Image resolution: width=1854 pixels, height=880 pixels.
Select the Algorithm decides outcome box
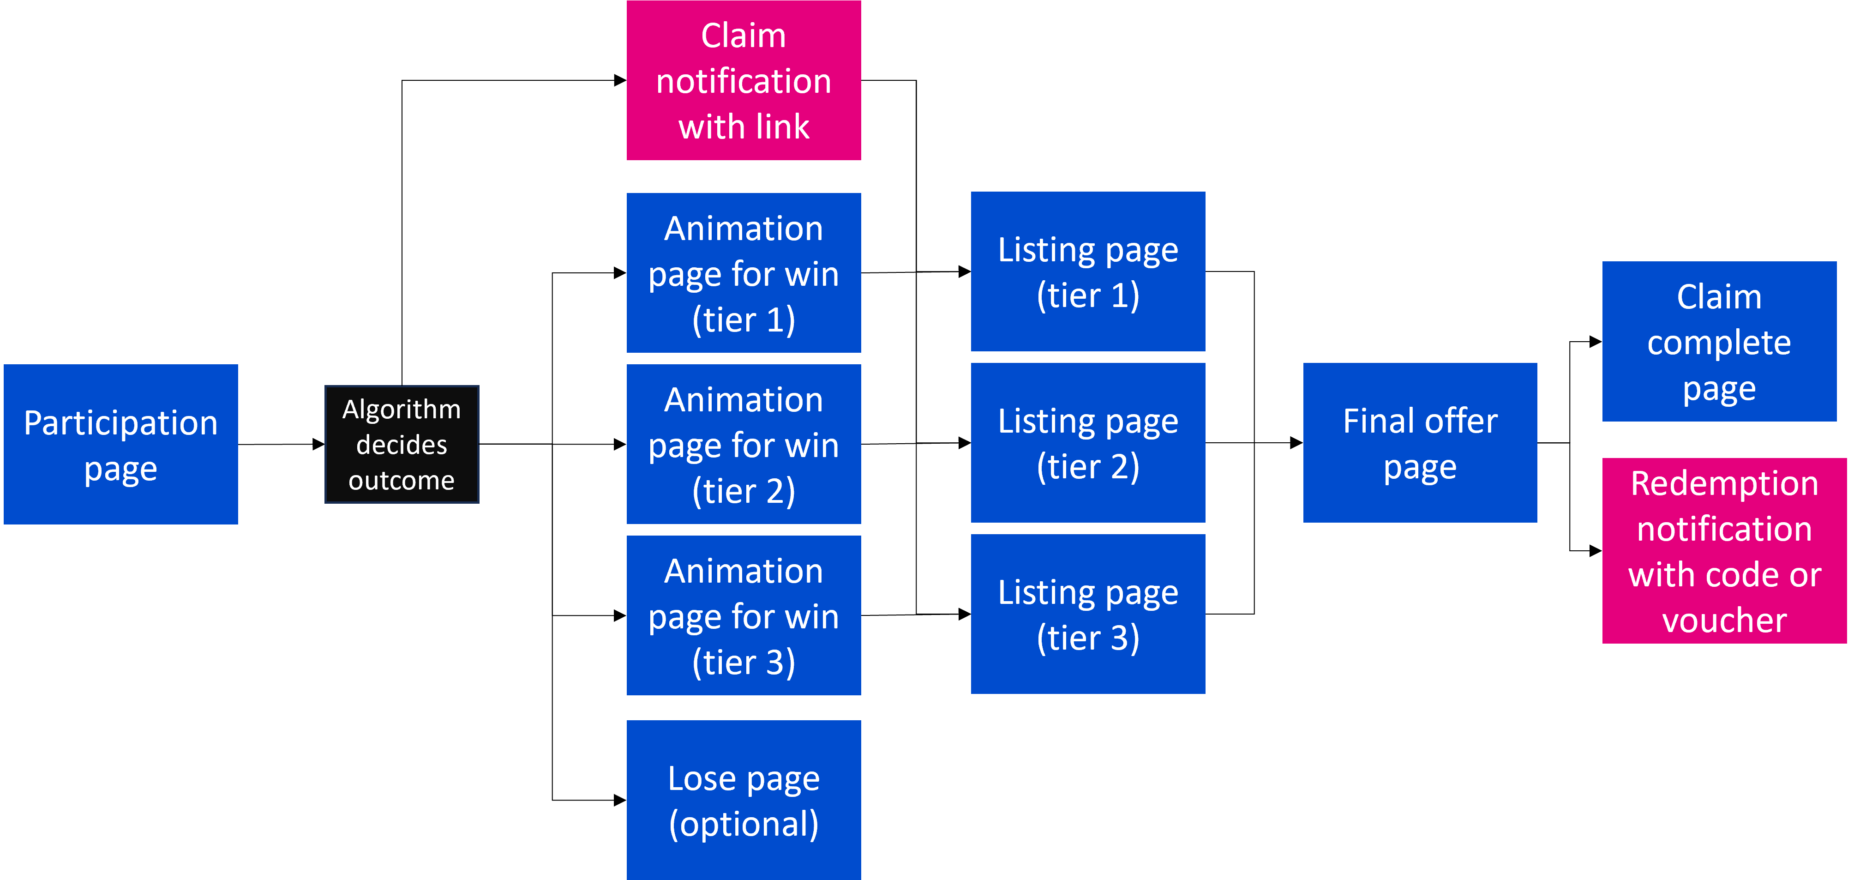402,444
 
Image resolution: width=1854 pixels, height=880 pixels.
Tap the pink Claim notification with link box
744,80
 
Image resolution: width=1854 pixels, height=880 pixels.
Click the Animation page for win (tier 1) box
744,272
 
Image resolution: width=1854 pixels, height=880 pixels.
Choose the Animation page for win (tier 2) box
744,444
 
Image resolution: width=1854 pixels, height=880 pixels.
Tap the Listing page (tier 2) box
1087,442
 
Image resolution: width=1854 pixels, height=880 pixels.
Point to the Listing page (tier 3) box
1087,614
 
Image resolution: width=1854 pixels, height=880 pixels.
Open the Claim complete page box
1719,341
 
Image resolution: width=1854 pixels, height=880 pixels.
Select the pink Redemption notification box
1724,550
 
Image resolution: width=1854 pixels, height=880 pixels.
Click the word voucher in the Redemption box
1724,620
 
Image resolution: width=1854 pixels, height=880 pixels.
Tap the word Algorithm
402,410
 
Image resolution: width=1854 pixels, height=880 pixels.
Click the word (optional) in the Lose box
744,824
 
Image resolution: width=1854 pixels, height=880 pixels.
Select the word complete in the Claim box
1719,343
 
